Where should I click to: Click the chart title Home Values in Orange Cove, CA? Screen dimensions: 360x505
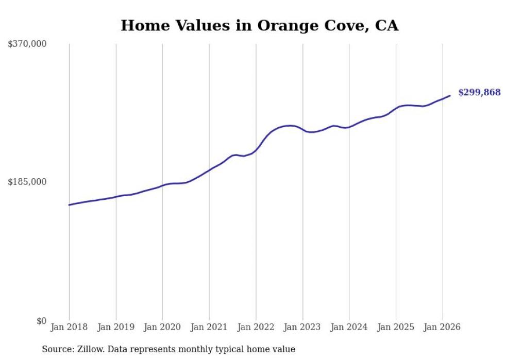click(259, 25)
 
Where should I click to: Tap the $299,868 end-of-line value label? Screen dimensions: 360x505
click(479, 92)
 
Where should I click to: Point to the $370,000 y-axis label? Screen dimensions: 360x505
click(27, 44)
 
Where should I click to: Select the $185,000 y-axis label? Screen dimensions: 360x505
click(27, 182)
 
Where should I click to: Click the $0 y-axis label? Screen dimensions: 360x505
click(41, 321)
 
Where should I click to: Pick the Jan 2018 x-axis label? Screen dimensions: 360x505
click(69, 327)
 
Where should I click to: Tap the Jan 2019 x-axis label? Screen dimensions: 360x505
click(116, 327)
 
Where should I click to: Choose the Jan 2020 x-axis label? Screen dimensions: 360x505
click(162, 327)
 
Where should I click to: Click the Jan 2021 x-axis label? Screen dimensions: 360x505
click(209, 327)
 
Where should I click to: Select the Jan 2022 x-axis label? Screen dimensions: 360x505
click(256, 327)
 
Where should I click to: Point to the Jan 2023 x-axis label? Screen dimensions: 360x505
click(302, 327)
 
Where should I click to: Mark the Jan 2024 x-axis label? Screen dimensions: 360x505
click(349, 327)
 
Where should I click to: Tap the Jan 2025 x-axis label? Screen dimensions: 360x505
click(396, 327)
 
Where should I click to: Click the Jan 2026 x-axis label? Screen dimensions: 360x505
click(442, 327)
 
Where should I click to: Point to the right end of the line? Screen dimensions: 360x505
click(450, 95)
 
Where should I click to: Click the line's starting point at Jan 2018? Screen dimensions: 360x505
click(69, 205)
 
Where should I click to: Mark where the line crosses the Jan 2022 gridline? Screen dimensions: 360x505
click(256, 151)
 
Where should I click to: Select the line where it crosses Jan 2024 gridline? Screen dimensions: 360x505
click(349, 127)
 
